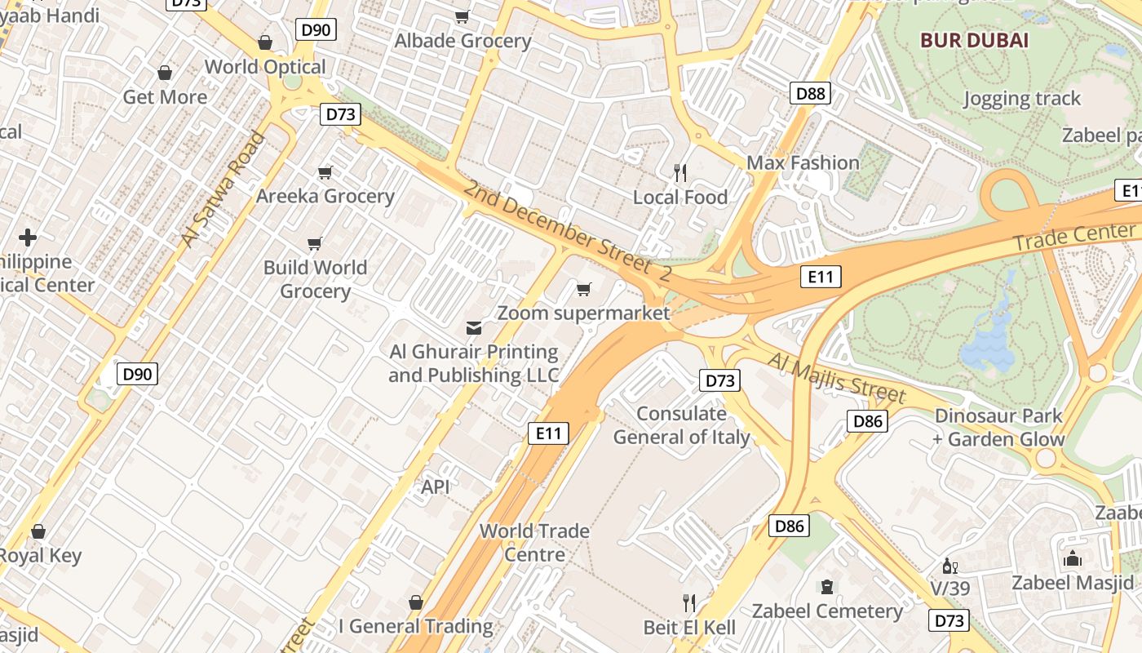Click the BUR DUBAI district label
tap(974, 39)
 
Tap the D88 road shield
tap(810, 93)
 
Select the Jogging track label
tap(1021, 99)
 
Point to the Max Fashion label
tap(803, 162)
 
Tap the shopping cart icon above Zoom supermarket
tap(583, 289)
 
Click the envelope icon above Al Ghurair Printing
tap(473, 328)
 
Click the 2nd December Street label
tap(566, 232)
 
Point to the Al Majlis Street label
tap(837, 378)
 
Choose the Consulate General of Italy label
tap(681, 425)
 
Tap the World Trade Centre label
tap(534, 543)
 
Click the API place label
tap(436, 486)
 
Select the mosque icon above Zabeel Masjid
tap(1072, 559)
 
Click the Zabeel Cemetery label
tap(827, 611)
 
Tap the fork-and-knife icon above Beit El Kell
tap(689, 603)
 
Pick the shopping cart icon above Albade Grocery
tap(463, 16)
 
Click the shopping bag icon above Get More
tap(165, 73)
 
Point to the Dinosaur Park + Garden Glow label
tap(998, 428)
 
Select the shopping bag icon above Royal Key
tap(38, 532)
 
